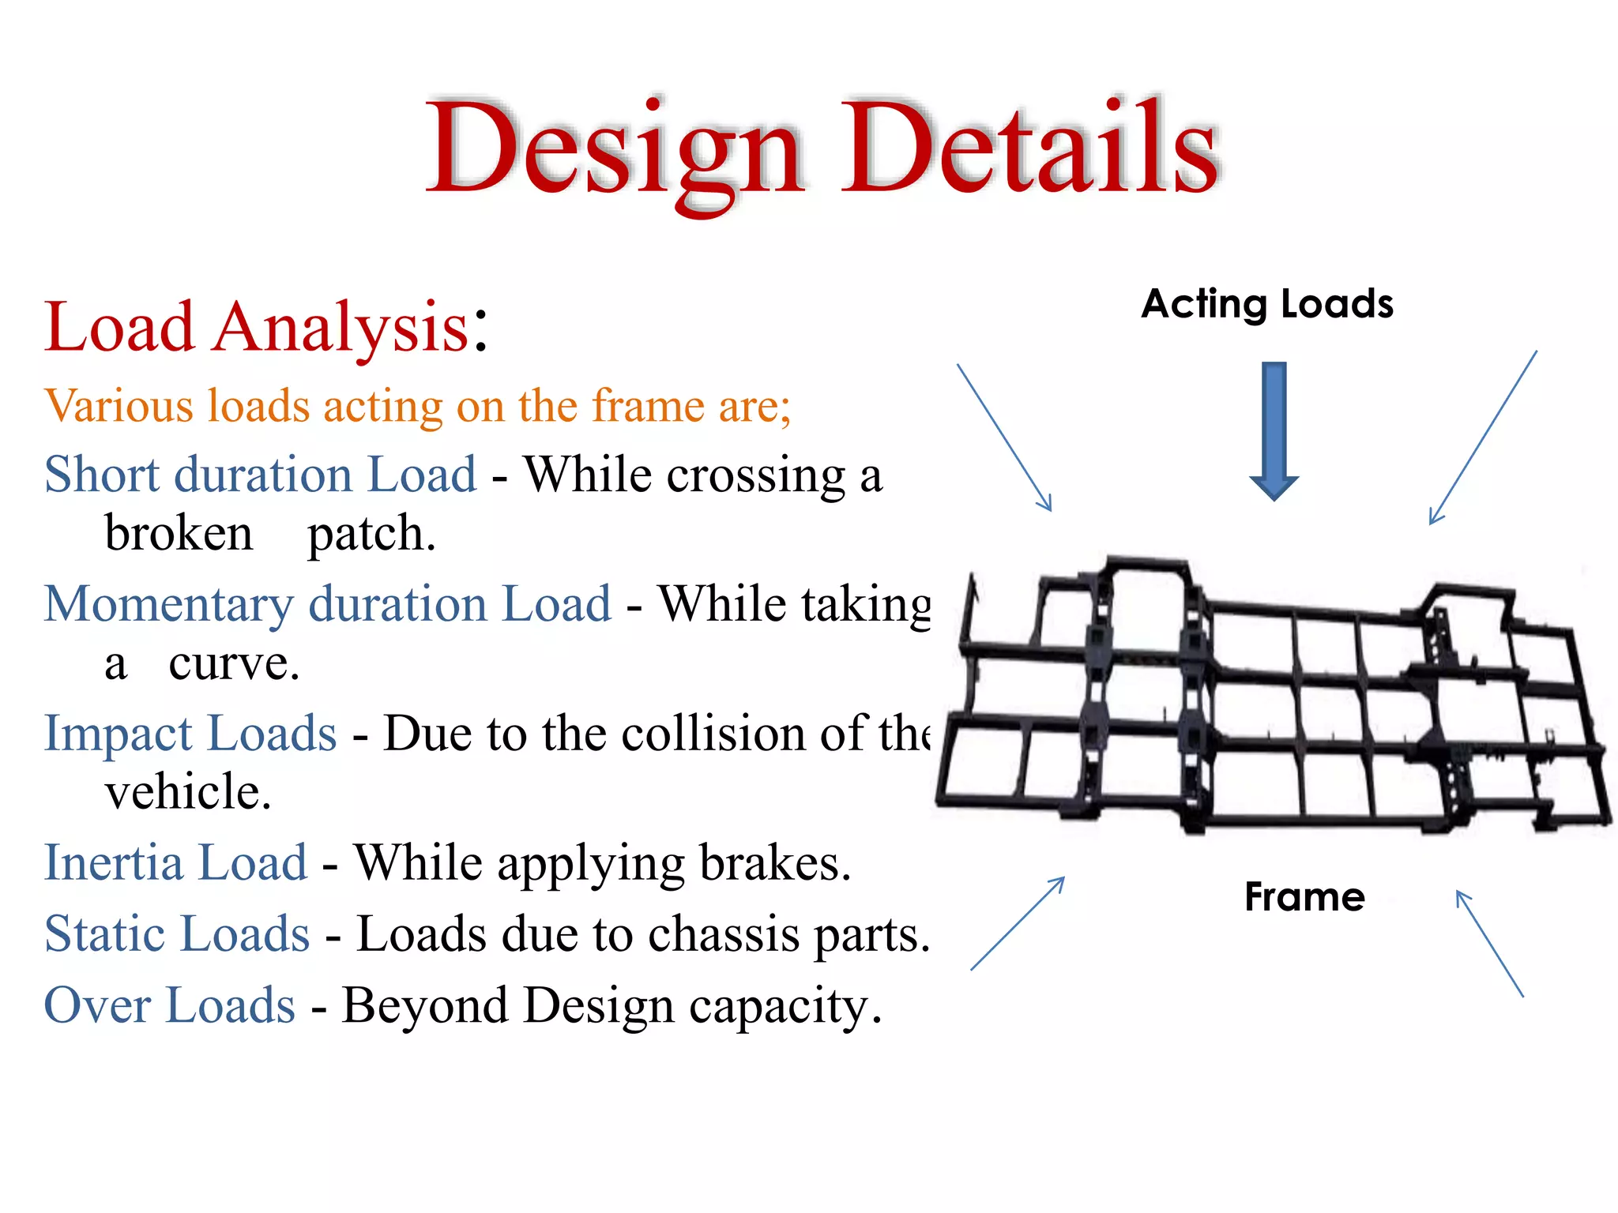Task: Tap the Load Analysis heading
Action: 265,327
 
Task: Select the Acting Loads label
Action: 1267,304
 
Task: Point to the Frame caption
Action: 1304,897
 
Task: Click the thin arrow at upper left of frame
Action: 1004,438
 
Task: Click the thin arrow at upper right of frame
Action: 1483,438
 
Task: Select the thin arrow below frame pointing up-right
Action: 1018,923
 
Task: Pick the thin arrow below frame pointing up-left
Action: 1489,944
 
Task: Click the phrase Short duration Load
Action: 261,475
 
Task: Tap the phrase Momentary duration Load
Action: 328,604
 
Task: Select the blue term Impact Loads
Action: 190,734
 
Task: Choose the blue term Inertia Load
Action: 175,862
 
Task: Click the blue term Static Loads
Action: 177,934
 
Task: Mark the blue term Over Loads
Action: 170,1006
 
